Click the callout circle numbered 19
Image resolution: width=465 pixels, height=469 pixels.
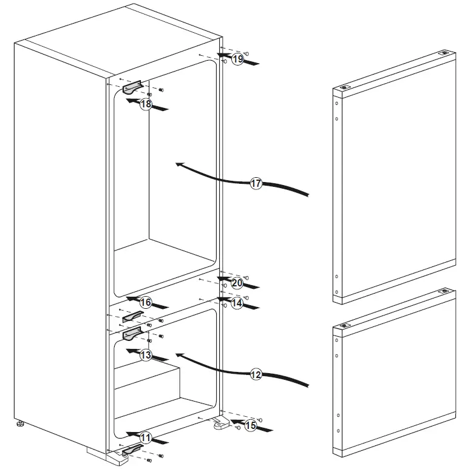point(237,59)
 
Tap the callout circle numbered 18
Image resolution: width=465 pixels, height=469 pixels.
point(146,104)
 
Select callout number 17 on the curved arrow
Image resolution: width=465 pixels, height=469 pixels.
point(256,183)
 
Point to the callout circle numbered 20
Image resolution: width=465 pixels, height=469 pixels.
point(237,283)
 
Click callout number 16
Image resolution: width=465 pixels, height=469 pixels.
point(146,302)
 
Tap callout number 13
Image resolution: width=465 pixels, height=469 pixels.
point(146,356)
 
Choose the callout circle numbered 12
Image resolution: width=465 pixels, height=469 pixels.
point(256,374)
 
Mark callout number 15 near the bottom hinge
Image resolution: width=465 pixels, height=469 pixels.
point(250,426)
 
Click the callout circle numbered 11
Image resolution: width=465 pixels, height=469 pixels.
point(146,437)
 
